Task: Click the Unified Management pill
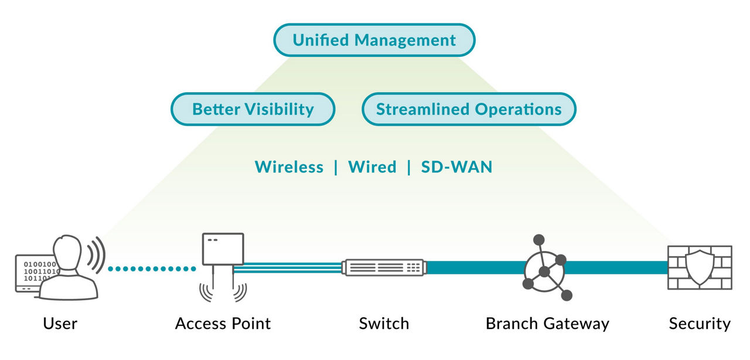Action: [x=374, y=40]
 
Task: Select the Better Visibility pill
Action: [x=253, y=109]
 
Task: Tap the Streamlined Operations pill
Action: [x=469, y=109]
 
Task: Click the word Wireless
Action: [x=289, y=167]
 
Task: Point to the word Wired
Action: [x=372, y=167]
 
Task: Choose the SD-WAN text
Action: [x=456, y=167]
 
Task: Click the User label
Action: [x=60, y=323]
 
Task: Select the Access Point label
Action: [x=223, y=323]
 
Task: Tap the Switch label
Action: [x=384, y=323]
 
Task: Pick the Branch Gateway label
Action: [x=547, y=323]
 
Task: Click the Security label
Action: [x=700, y=323]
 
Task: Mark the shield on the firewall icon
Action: [x=700, y=267]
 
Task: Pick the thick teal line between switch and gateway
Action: [x=475, y=268]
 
